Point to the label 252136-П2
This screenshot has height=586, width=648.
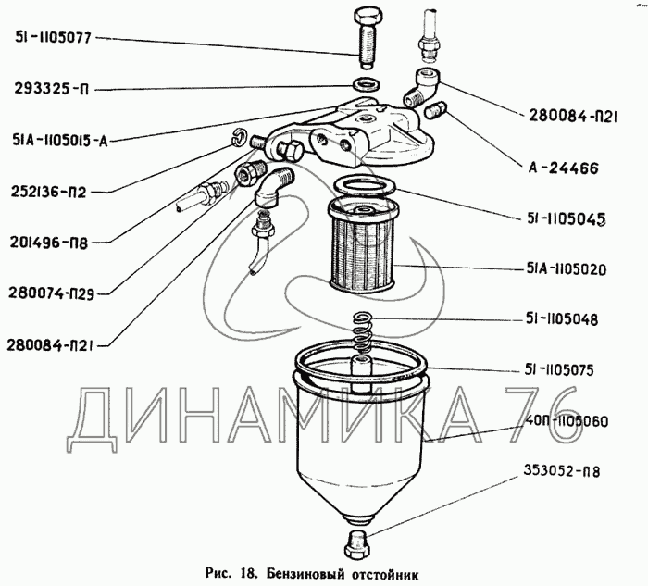[x=51, y=192]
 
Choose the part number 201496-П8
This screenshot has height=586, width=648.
[x=51, y=243]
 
